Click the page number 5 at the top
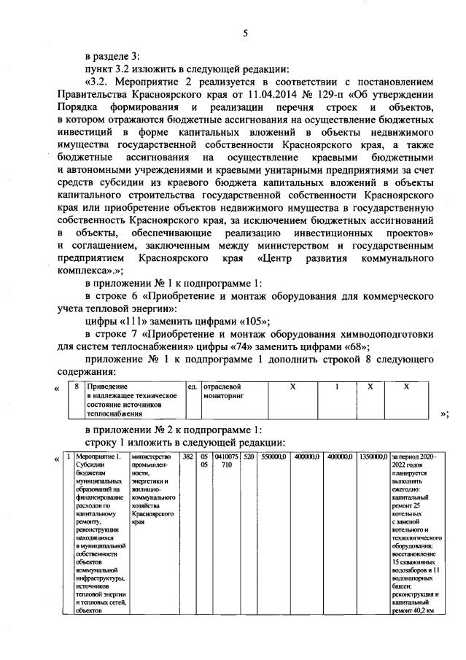[x=246, y=32]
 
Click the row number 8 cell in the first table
[x=77, y=387]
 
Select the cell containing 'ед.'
[x=193, y=387]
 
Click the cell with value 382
[x=187, y=456]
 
